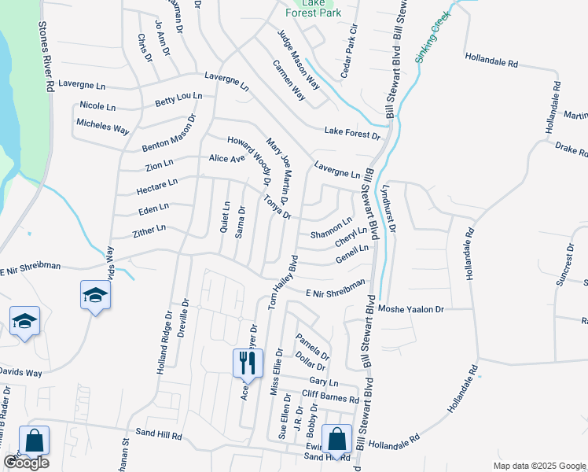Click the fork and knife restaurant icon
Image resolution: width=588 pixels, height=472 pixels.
point(247,363)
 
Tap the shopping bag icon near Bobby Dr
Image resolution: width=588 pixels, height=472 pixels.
point(336,440)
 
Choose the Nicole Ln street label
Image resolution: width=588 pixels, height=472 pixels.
point(97,106)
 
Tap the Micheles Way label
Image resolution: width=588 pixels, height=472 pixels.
point(102,126)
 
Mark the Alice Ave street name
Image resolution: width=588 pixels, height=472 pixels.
point(227,158)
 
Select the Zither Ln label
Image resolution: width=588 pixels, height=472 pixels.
point(149,230)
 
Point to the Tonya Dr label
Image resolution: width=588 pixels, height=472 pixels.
point(277,207)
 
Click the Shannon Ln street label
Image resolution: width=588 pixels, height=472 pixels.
point(331,229)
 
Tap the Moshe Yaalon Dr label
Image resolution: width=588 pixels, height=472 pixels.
point(411,309)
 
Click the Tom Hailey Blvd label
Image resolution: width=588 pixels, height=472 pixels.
point(282,281)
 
